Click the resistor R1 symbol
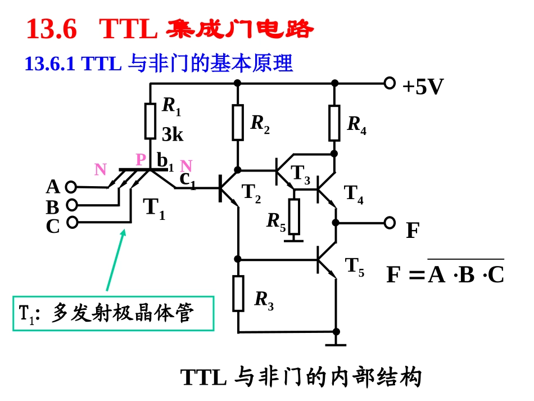point(150,121)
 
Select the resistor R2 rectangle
point(238,123)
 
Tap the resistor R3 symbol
point(238,294)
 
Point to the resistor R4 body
point(334,123)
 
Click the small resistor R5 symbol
point(294,217)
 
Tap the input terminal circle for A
point(71,187)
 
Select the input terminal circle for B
point(72,205)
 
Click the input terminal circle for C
point(72,223)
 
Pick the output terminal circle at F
point(390,223)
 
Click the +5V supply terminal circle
point(390,83)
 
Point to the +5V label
point(423,87)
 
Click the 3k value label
point(173,134)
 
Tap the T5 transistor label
point(355,267)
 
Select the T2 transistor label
point(251,193)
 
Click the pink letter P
point(141,160)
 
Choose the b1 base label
point(165,162)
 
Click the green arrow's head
point(123,233)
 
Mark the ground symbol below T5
point(336,345)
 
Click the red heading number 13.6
point(51,29)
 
